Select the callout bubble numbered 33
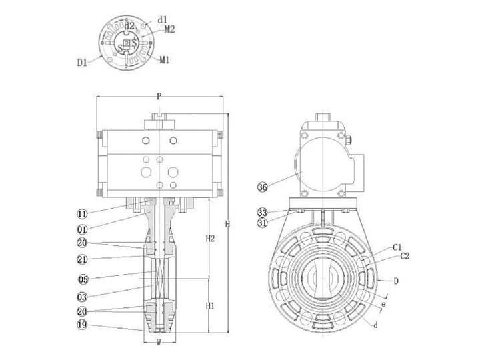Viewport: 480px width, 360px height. tap(263, 213)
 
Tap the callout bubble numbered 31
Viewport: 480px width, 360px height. tap(263, 223)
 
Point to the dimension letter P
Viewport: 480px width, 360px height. tap(159, 97)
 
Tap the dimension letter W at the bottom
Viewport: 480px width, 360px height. tap(159, 344)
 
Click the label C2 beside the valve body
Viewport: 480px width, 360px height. tap(405, 255)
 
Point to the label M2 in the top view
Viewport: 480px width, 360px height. tap(169, 29)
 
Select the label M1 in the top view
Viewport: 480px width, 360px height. tap(165, 60)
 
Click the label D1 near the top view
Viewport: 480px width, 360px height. tap(82, 63)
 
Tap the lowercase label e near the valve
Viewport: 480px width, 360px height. tap(382, 304)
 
